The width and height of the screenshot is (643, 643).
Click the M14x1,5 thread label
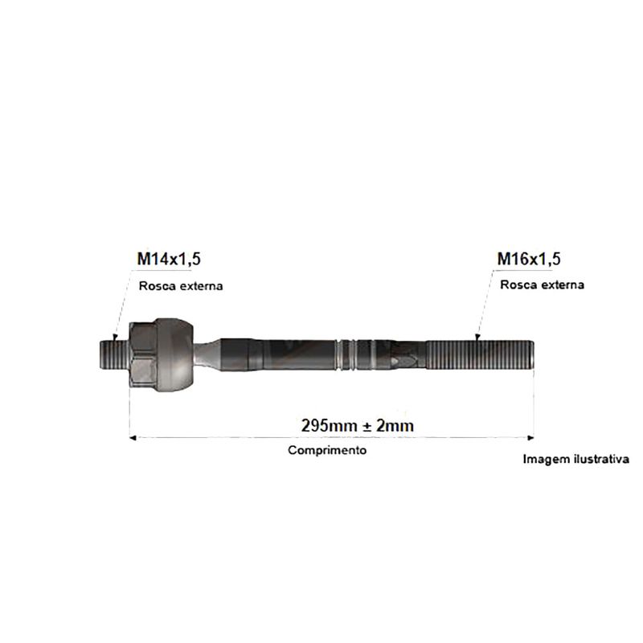click(169, 259)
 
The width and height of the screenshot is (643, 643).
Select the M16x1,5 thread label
click(529, 259)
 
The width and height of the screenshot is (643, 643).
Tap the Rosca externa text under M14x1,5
click(181, 286)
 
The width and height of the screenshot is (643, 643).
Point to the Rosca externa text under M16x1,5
click(542, 285)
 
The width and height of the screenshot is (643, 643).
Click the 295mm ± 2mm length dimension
click(357, 426)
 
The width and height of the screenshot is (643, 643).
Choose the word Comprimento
click(327, 450)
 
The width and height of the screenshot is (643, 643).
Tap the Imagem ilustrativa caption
click(575, 459)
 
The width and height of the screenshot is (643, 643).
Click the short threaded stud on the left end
click(114, 354)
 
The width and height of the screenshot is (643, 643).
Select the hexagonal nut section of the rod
click(143, 354)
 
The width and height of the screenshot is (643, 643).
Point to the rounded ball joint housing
click(175, 354)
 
